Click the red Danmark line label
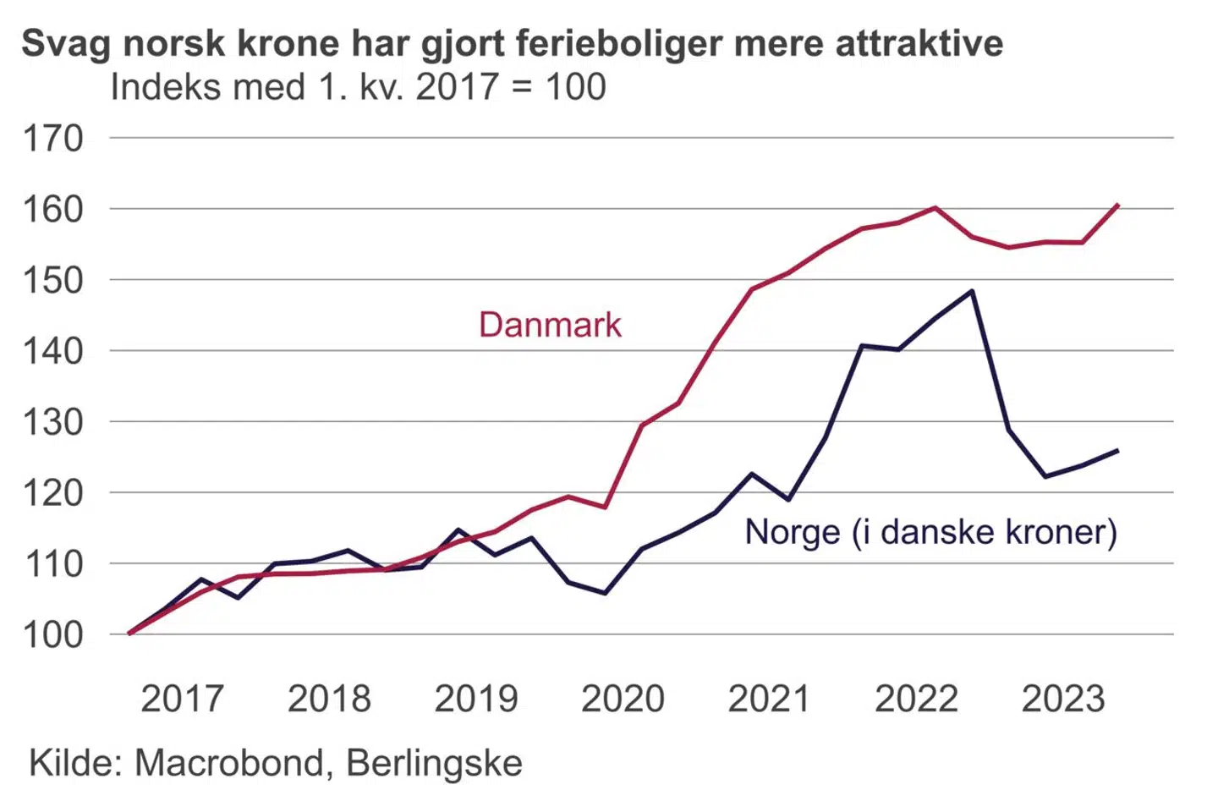coord(550,325)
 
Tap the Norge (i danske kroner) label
coord(930,532)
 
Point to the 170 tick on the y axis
coord(52,138)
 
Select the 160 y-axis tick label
coord(52,209)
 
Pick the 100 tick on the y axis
coord(52,634)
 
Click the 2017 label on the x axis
coord(182,699)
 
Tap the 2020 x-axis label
coord(623,699)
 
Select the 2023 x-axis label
coord(1063,699)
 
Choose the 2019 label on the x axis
coord(475,699)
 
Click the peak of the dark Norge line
coord(972,291)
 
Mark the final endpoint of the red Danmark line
coord(1118,205)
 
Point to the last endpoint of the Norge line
coord(1118,450)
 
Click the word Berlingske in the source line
coord(434,763)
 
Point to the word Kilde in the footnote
coord(74,763)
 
